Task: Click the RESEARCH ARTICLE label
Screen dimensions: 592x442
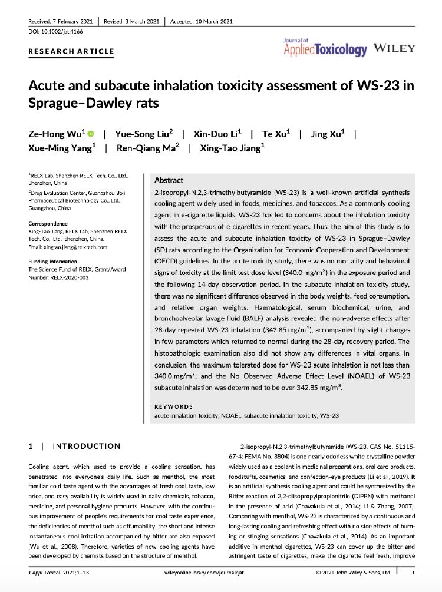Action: [71, 51]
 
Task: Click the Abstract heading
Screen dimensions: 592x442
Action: [169, 180]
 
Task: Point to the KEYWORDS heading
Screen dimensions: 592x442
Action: [173, 406]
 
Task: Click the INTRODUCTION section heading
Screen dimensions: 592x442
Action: [86, 446]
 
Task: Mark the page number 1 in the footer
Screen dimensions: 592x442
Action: [413, 572]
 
